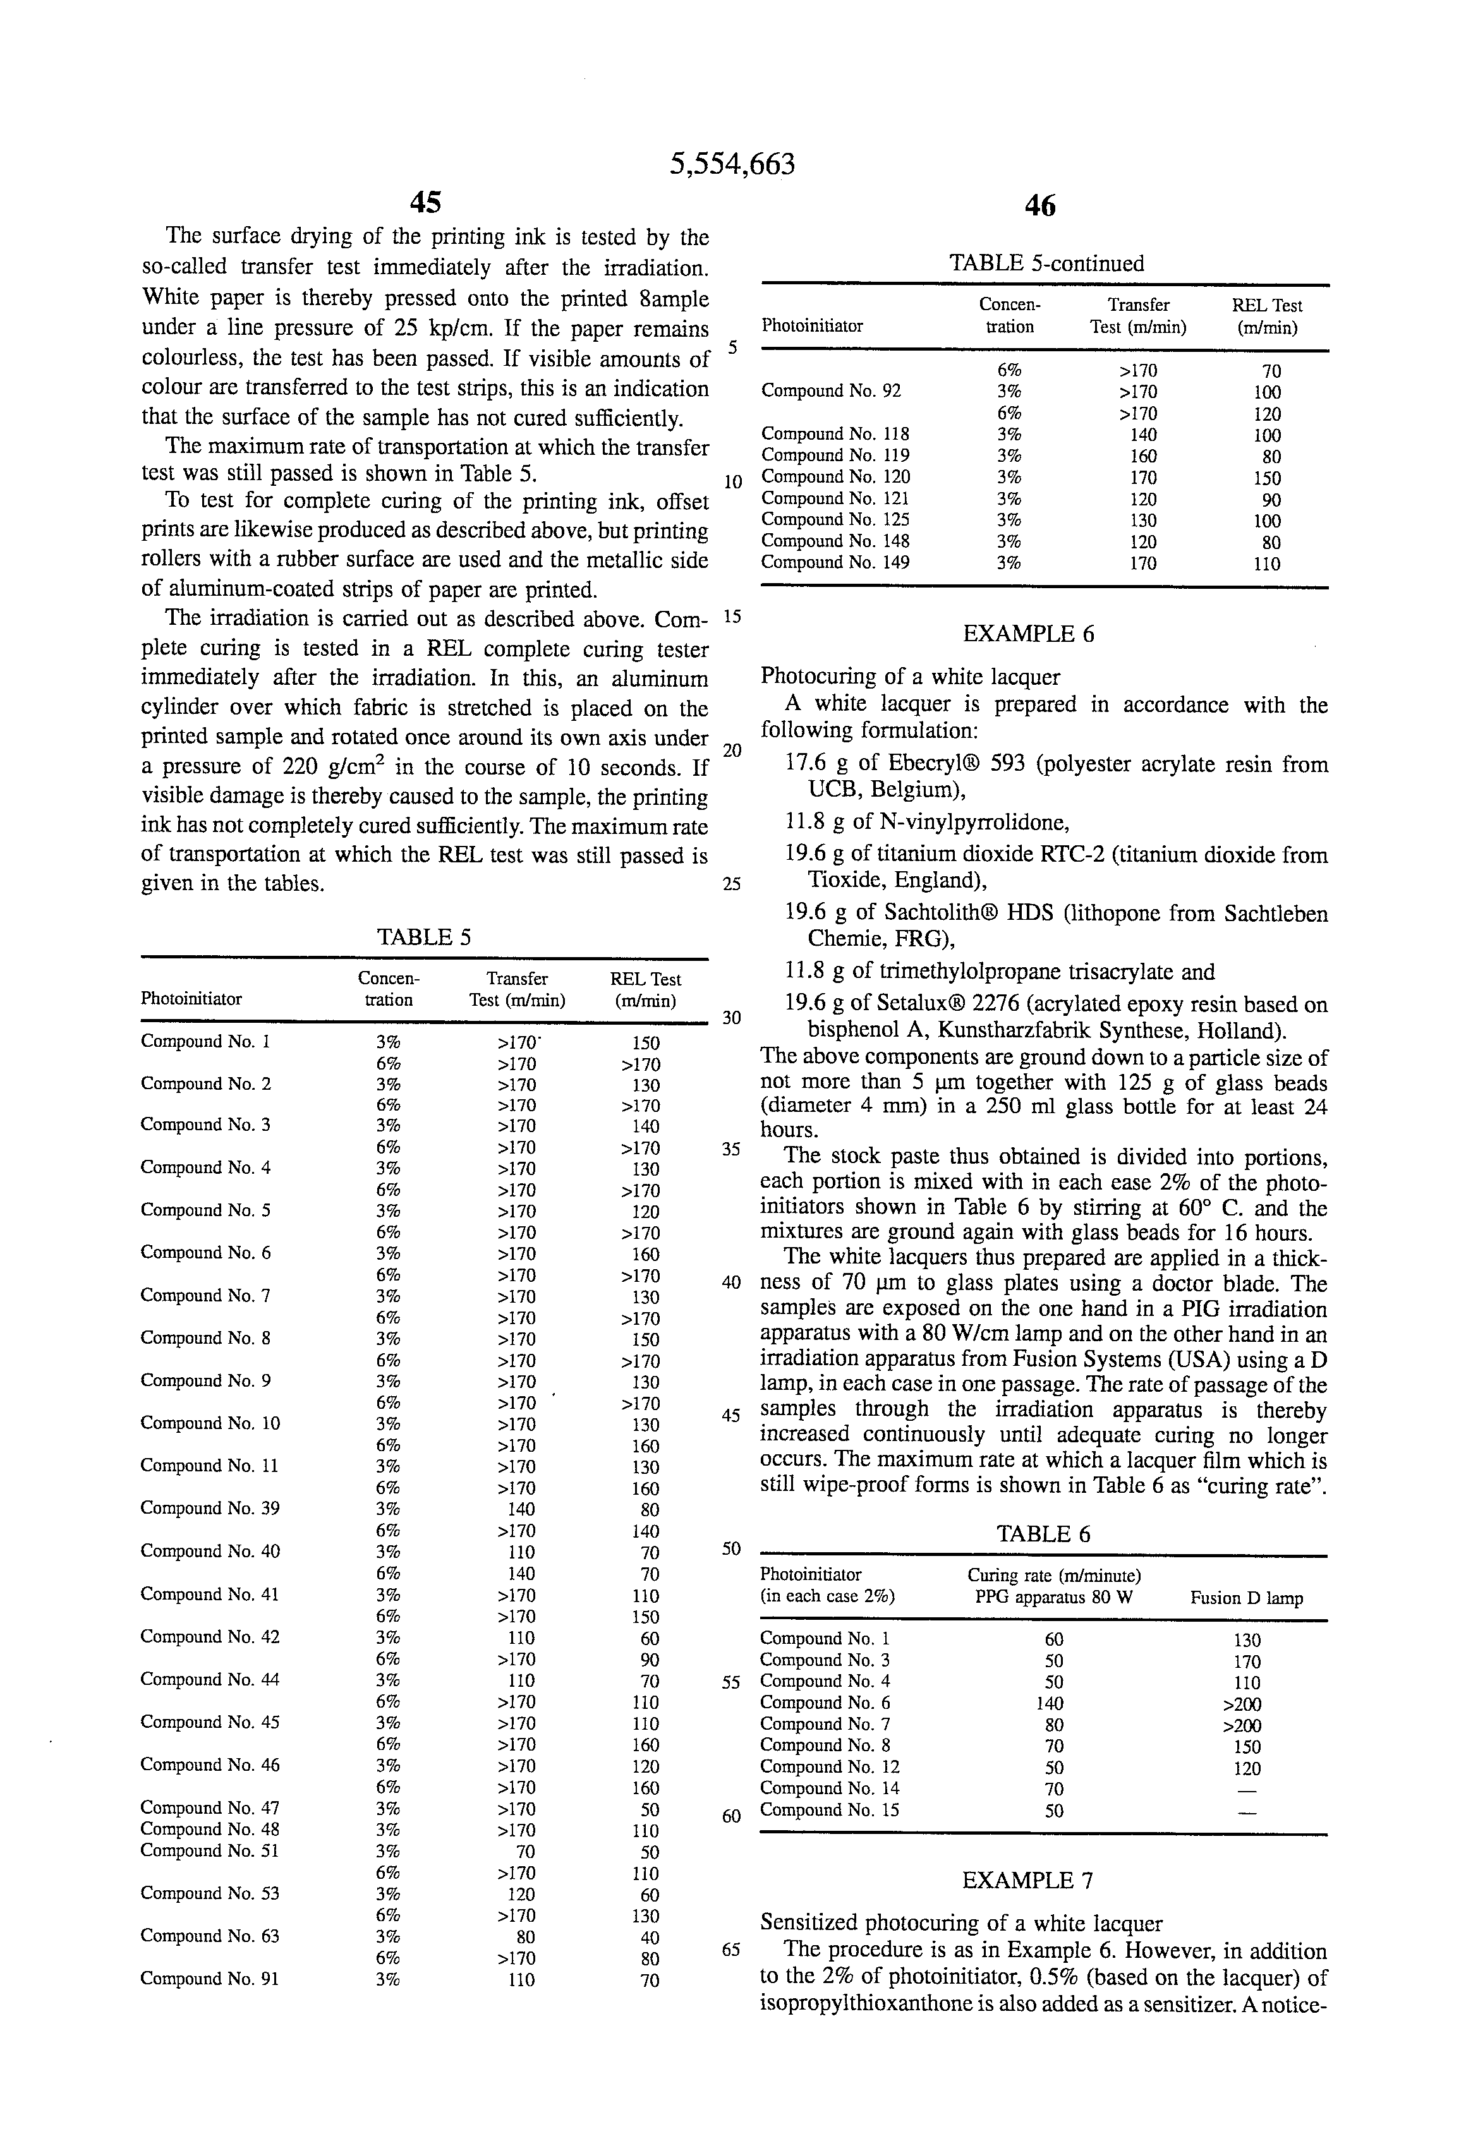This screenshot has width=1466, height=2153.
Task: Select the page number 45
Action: coord(425,202)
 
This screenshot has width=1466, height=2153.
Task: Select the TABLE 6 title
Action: coord(1043,1533)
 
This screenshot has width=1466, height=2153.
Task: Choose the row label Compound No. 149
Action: coord(835,562)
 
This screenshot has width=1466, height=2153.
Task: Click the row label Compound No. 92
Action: coord(830,391)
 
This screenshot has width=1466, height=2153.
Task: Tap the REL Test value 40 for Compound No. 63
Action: coord(650,1937)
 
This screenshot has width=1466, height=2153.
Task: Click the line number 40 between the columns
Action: coord(731,1283)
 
